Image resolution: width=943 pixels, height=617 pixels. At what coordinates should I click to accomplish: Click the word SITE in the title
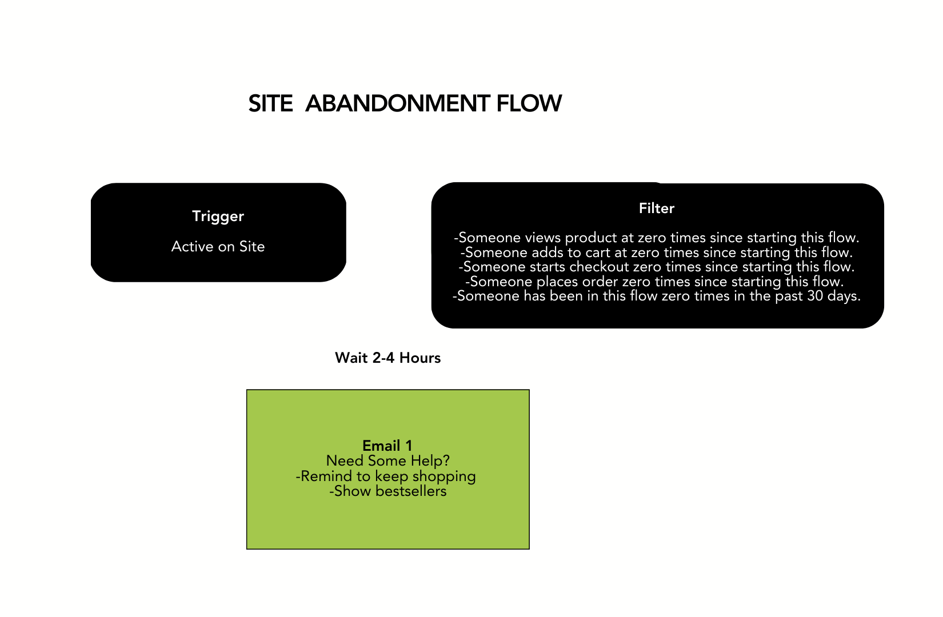pyautogui.click(x=270, y=104)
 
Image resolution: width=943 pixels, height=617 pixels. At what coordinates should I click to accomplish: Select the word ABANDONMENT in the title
pyautogui.click(x=397, y=104)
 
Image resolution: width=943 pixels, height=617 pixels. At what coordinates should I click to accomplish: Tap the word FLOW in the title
pyautogui.click(x=529, y=104)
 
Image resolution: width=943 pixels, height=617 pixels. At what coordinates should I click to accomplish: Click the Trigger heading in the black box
pyautogui.click(x=218, y=216)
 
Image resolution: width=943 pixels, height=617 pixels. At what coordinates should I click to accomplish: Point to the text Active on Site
pyautogui.click(x=218, y=246)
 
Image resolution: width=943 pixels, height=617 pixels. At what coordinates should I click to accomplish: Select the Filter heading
pyautogui.click(x=656, y=208)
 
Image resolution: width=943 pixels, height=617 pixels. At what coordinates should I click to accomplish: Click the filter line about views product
pyautogui.click(x=656, y=238)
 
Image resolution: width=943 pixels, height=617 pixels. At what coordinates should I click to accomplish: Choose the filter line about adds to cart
pyautogui.click(x=656, y=253)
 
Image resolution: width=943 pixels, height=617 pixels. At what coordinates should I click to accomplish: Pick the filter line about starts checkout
pyautogui.click(x=656, y=267)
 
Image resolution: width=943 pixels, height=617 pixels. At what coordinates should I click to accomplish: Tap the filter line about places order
pyautogui.click(x=654, y=282)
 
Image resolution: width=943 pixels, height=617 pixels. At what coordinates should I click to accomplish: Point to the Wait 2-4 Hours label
pyautogui.click(x=387, y=358)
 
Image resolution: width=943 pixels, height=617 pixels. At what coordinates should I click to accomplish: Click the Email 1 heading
pyautogui.click(x=387, y=446)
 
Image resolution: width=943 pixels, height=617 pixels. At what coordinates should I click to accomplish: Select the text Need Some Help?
pyautogui.click(x=387, y=460)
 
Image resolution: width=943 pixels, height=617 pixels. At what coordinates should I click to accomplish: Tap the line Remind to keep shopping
pyautogui.click(x=386, y=476)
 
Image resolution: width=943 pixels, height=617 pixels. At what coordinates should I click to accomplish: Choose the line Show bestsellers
pyautogui.click(x=387, y=491)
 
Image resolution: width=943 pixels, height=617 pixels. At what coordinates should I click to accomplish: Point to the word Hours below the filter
pyautogui.click(x=420, y=358)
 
